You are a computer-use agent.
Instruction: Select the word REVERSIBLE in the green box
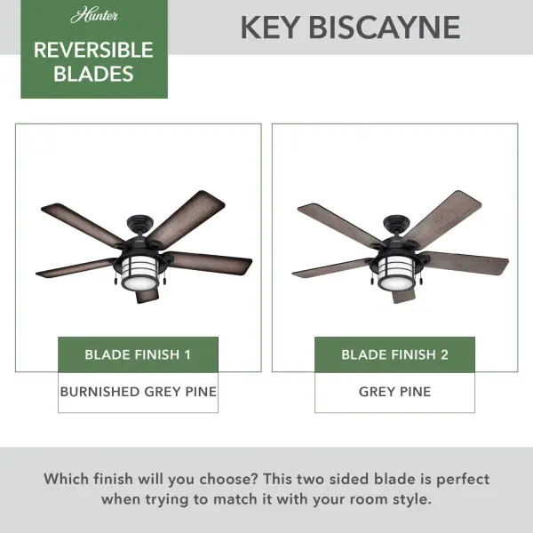93,50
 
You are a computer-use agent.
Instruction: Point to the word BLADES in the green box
93,74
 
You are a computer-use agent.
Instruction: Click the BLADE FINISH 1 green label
138,354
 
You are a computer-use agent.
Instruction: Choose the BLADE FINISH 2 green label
394,354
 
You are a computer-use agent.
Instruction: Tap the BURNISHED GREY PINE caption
138,391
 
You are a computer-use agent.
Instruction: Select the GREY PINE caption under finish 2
394,391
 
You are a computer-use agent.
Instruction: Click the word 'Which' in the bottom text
72,479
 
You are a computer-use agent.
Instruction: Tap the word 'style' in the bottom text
410,498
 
